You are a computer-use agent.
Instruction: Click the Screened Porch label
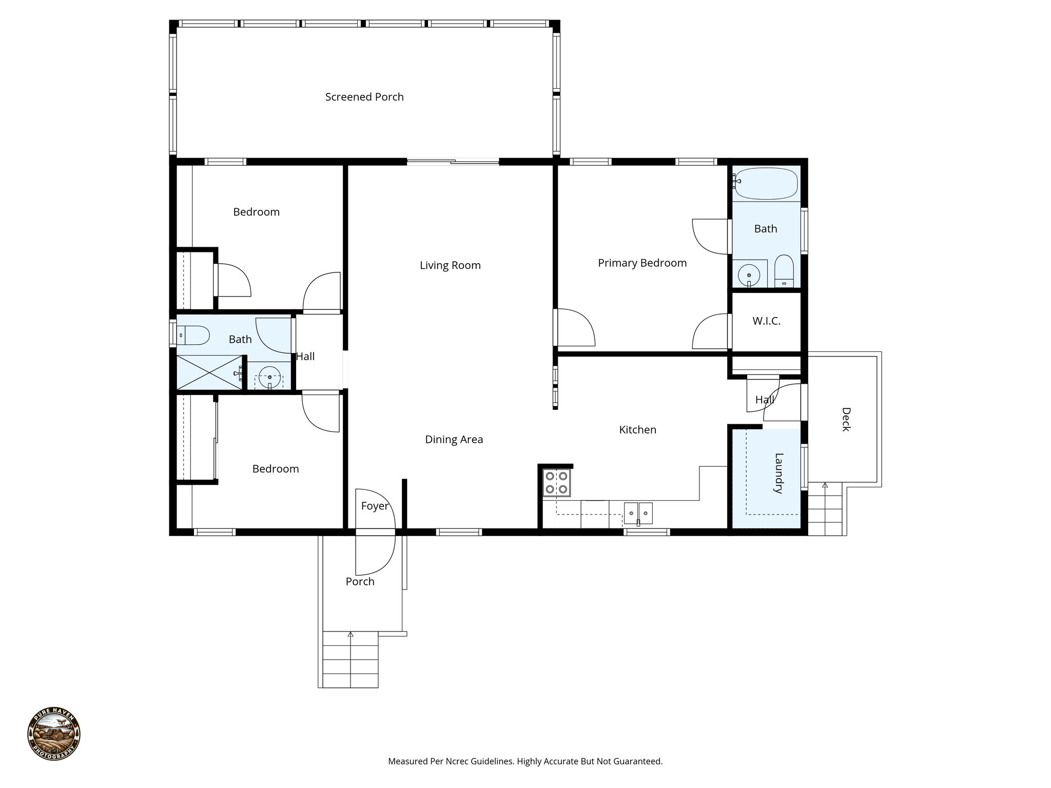(364, 97)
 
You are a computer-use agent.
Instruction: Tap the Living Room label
(450, 265)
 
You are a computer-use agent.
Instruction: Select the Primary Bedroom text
(642, 263)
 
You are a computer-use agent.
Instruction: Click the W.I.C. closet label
(766, 321)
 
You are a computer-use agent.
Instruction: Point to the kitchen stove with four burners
(557, 483)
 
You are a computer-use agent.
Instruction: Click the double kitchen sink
(638, 512)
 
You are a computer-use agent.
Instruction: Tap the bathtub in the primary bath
(766, 183)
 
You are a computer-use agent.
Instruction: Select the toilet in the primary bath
(784, 271)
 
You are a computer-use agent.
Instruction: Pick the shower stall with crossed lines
(209, 372)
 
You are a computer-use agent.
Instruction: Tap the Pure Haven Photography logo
(54, 734)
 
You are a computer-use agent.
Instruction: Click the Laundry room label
(778, 473)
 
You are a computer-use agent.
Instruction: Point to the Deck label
(846, 419)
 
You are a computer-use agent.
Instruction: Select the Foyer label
(375, 506)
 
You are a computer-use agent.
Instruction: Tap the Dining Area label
(454, 439)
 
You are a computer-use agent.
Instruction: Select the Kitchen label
(637, 429)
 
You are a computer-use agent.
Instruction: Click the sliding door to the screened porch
(453, 162)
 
